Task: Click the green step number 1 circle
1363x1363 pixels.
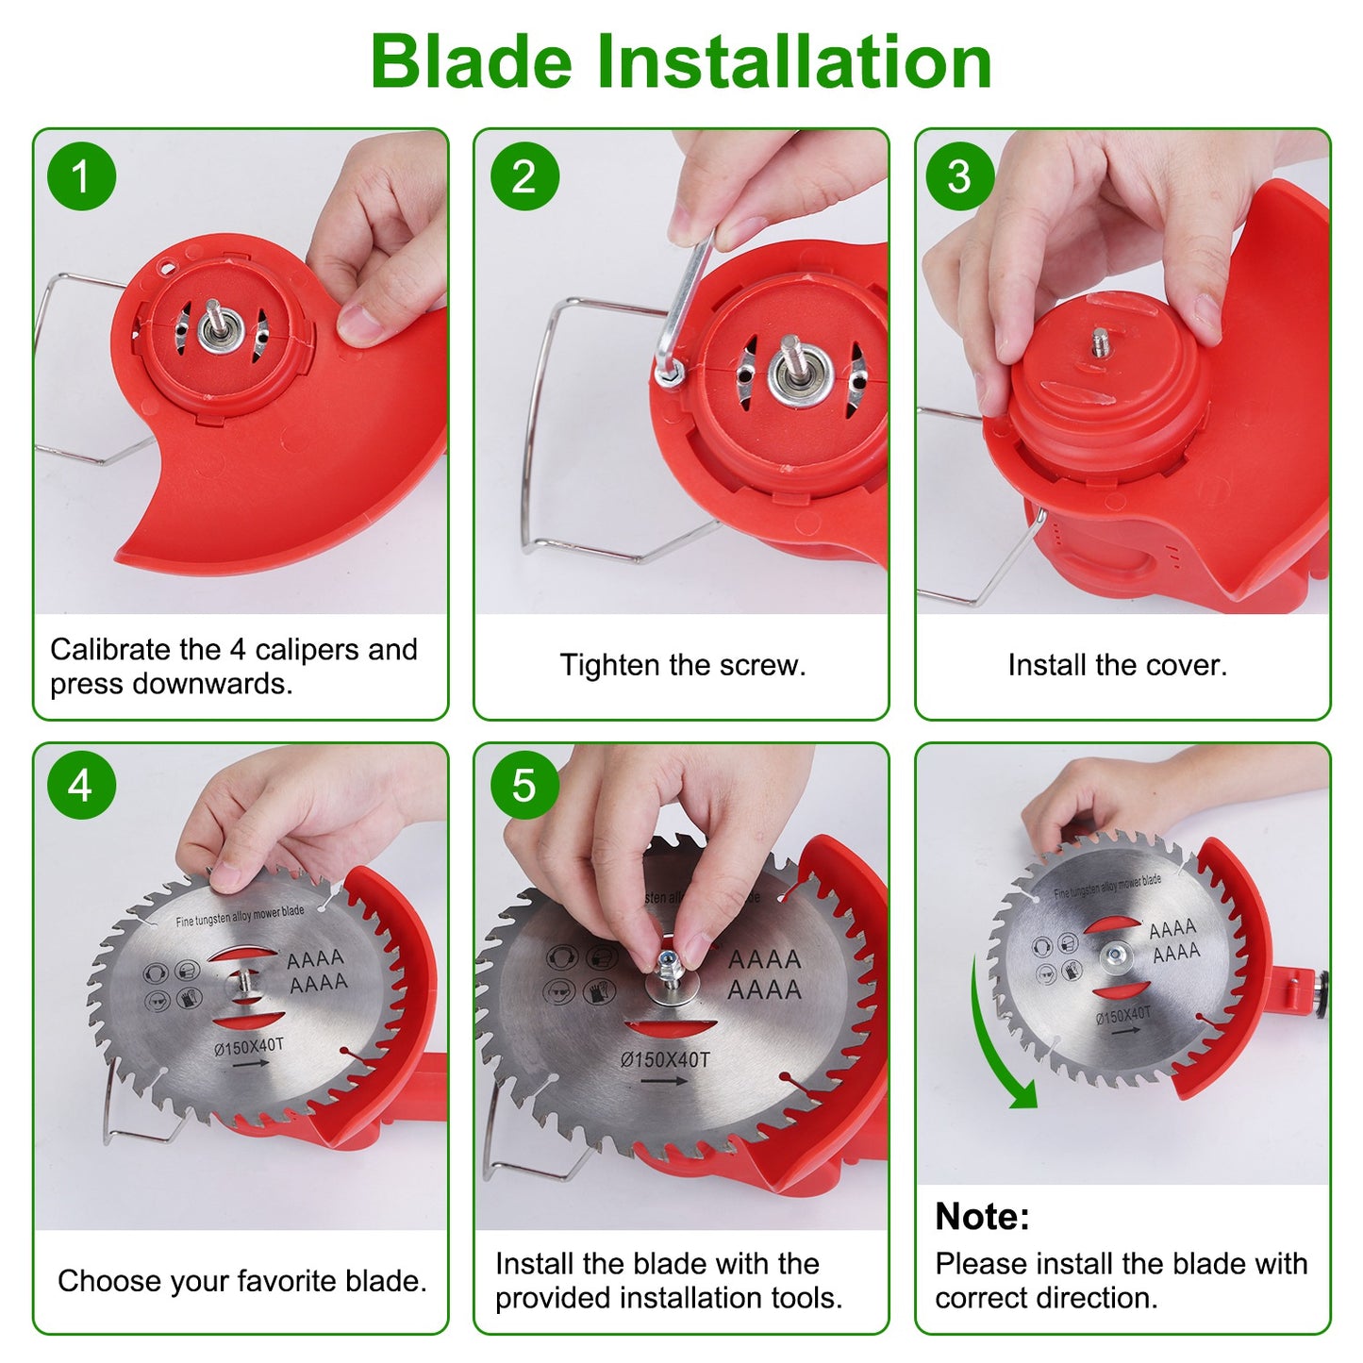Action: pos(81,176)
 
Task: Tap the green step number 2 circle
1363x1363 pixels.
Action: pos(524,176)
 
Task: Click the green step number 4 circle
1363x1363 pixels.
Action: pos(81,785)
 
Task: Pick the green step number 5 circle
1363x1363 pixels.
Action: pos(524,785)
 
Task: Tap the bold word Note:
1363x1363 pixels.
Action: pos(982,1217)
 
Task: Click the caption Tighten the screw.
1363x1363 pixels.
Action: pos(683,665)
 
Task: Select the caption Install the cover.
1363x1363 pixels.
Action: pos(1118,665)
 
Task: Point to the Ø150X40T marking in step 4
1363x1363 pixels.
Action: pos(249,1046)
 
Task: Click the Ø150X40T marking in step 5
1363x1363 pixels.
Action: pos(665,1060)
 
